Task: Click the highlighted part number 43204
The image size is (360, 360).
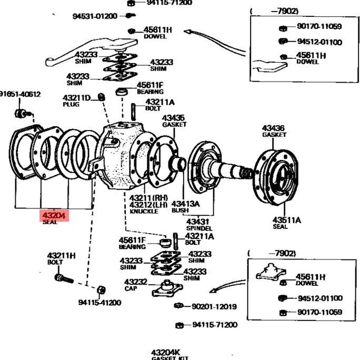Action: [54, 215]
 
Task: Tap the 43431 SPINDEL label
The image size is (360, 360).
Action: [199, 225]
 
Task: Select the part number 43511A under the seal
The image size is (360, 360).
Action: [287, 220]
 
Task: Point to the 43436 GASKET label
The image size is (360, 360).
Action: [274, 131]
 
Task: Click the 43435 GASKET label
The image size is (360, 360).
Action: [174, 121]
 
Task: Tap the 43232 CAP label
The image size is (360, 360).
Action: [135, 284]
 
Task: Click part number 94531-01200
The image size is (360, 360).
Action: [95, 16]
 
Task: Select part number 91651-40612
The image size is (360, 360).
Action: [20, 94]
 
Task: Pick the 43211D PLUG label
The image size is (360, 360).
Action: [77, 100]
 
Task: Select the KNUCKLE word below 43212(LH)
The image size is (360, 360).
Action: [144, 211]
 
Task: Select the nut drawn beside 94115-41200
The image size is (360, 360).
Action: [102, 290]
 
